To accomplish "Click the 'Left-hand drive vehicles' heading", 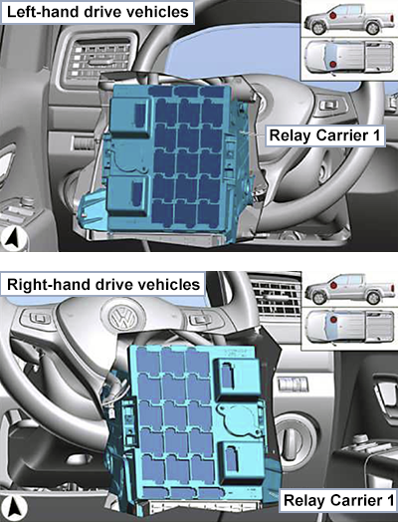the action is pos(98,12).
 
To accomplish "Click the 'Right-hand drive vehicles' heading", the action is pos(103,285).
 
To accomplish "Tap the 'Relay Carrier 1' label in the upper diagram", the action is pos(324,135).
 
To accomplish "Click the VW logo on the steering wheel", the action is pos(123,318).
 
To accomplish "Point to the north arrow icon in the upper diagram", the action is pos(13,239).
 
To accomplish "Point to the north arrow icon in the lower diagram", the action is pos(13,509).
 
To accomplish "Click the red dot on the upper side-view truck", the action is pos(333,15).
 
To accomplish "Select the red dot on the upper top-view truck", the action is pos(333,64).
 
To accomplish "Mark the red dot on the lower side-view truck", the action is pos(334,285).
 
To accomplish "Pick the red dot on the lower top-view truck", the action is pos(334,320).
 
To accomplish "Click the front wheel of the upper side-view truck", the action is pos(318,28).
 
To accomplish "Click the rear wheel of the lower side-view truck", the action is pos(373,298).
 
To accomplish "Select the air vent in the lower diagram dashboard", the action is pos(275,297).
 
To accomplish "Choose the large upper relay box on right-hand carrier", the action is pos(238,380).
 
